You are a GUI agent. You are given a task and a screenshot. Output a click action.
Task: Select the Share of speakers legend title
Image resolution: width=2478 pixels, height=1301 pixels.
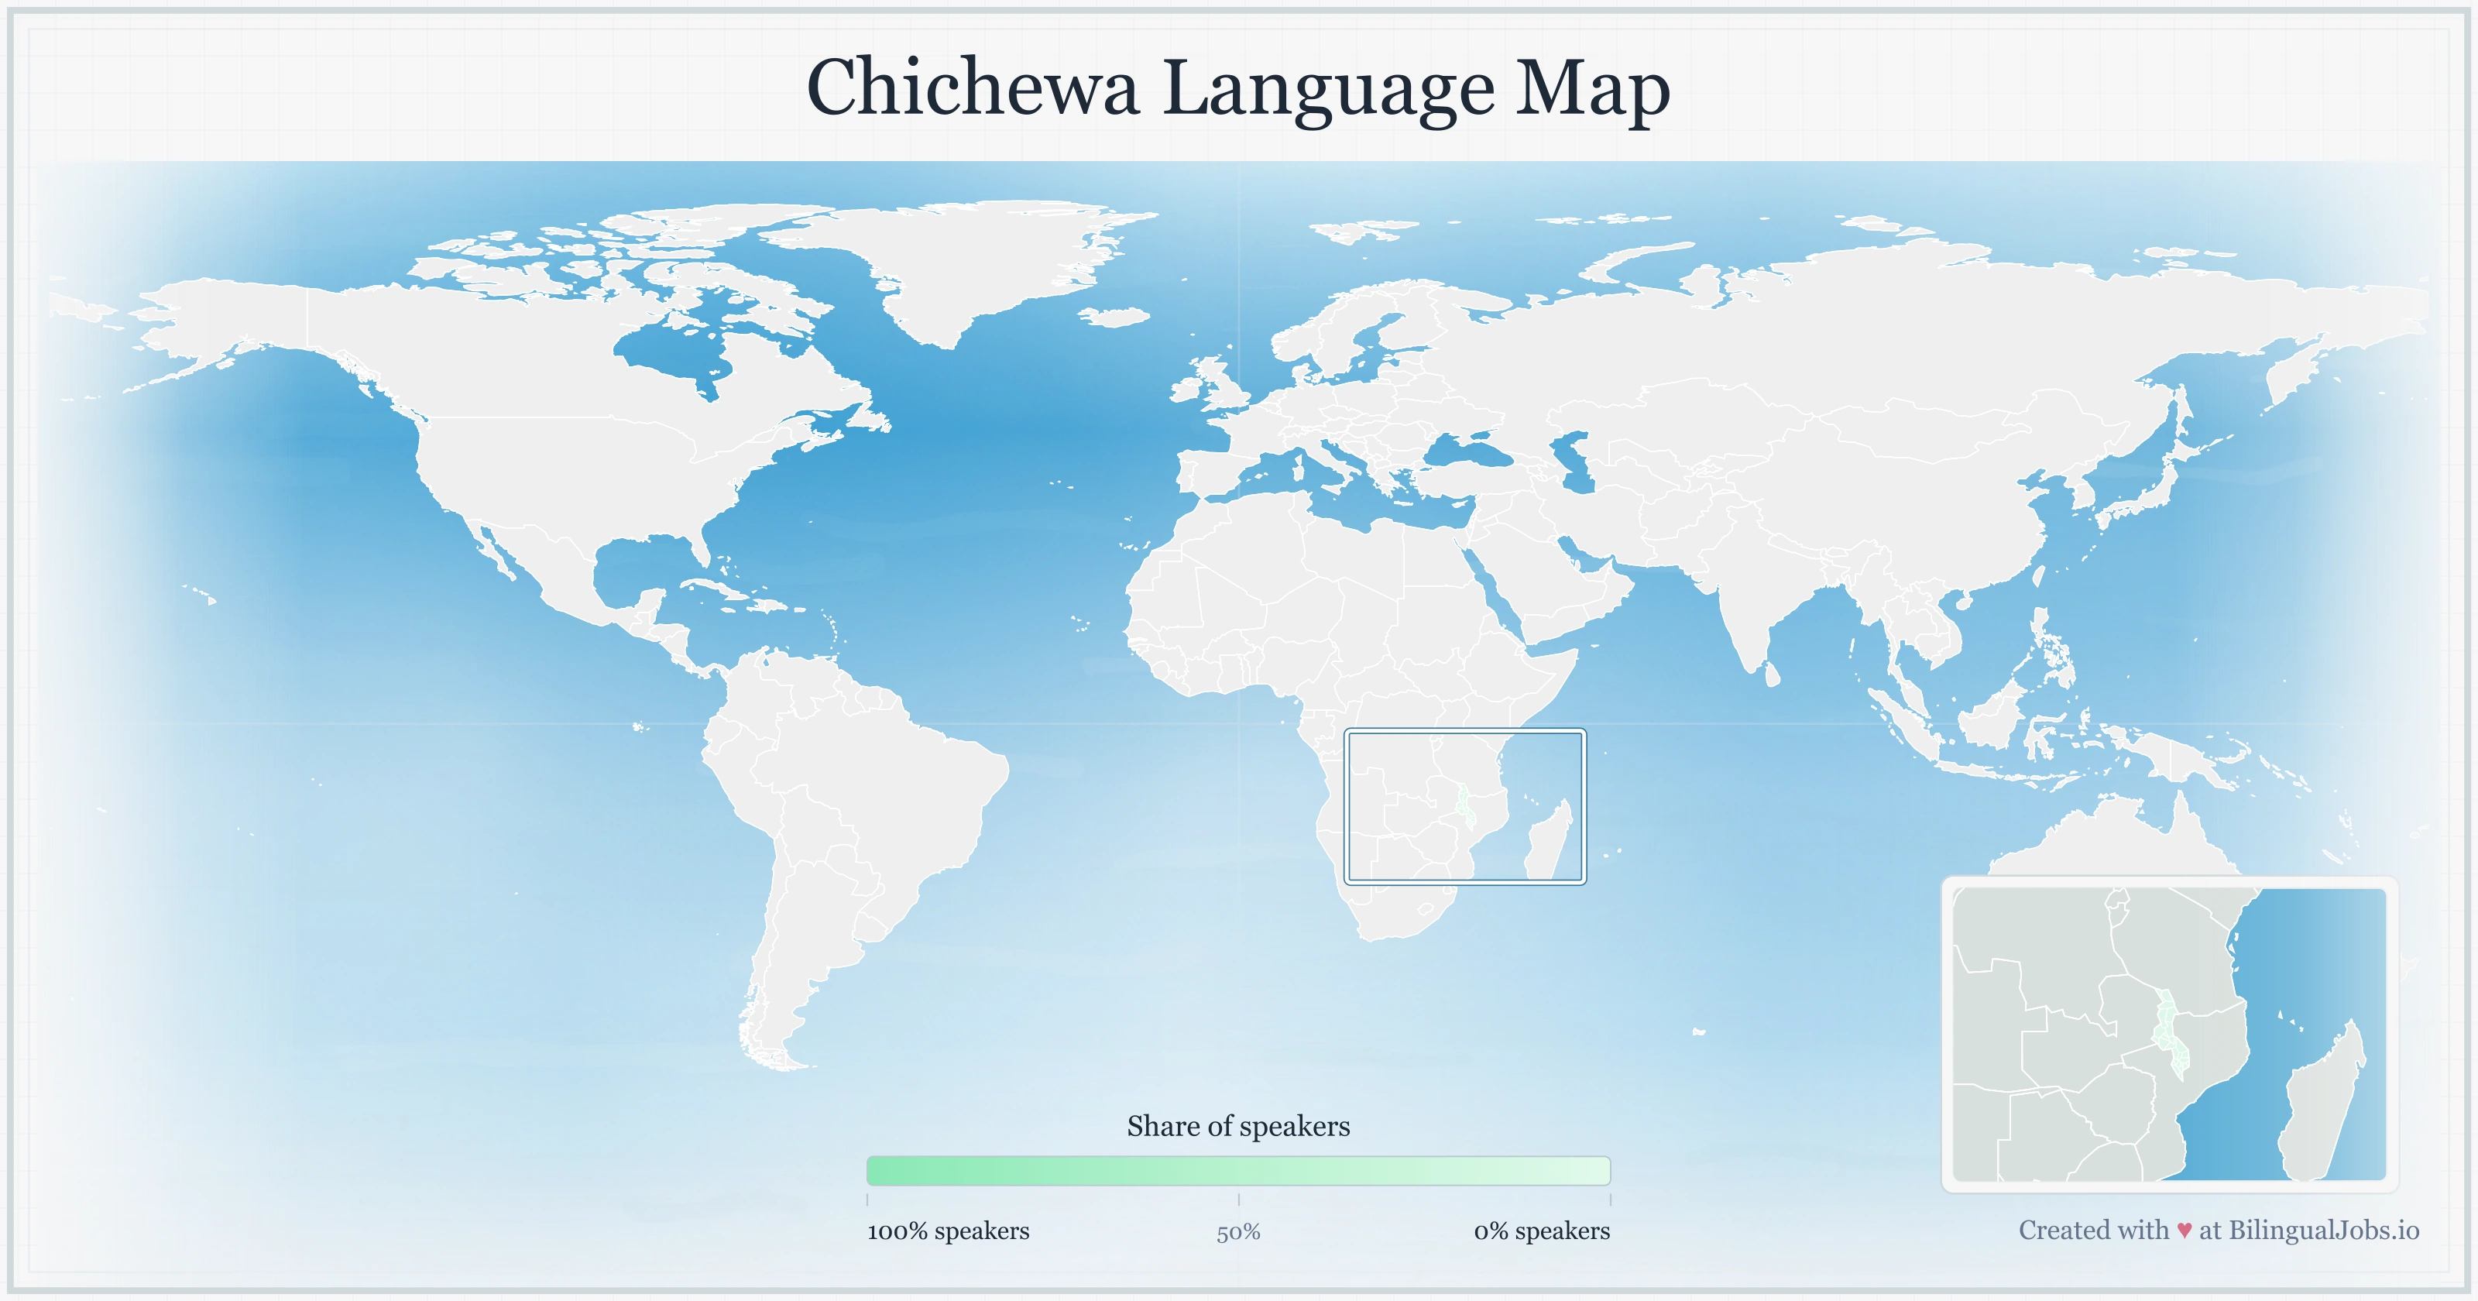point(1238,1126)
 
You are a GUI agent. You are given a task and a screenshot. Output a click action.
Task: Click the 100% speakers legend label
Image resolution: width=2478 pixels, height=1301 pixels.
point(948,1231)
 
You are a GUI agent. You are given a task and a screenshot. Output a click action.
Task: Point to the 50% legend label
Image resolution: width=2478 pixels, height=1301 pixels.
point(1238,1232)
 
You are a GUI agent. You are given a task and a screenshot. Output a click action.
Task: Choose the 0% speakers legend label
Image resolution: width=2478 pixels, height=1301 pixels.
point(1541,1231)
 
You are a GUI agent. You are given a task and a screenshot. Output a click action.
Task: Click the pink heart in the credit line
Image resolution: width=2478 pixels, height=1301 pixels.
point(2185,1231)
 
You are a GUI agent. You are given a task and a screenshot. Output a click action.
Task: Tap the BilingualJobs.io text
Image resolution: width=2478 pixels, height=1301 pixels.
point(2323,1230)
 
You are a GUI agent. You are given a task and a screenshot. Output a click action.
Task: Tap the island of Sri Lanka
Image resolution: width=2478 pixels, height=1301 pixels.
point(1772,674)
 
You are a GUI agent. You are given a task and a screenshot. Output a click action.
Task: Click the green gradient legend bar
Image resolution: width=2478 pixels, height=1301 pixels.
point(1238,1170)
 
